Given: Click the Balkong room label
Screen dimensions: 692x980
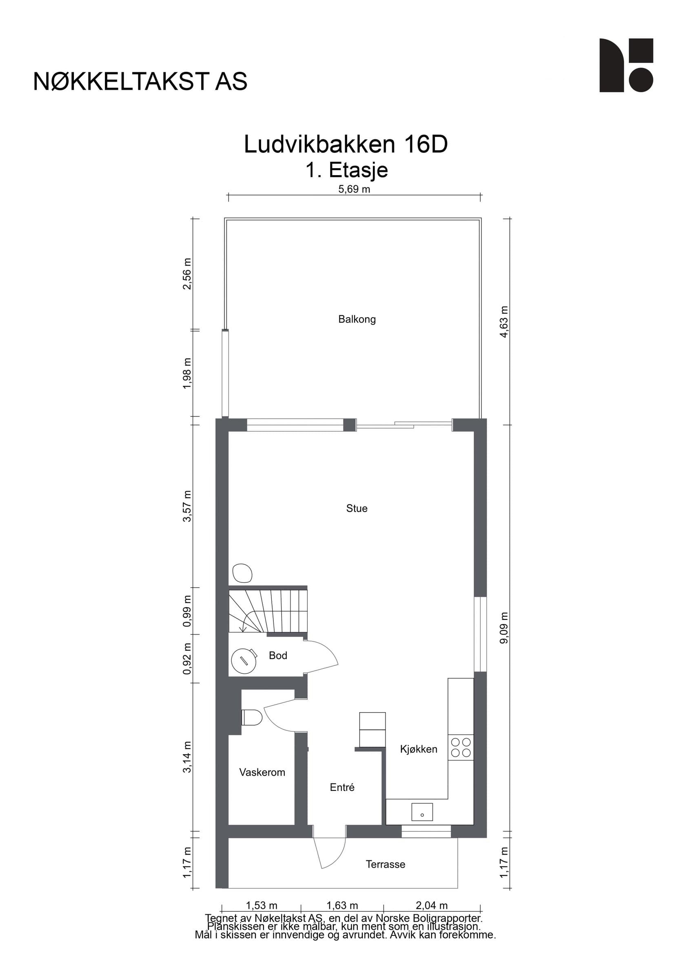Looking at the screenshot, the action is [357, 319].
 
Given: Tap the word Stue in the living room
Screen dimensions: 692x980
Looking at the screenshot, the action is [357, 508].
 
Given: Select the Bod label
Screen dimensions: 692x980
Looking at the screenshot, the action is [278, 655].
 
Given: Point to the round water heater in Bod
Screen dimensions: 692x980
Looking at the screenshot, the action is [244, 660].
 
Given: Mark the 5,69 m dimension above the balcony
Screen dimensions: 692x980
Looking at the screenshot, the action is [354, 189].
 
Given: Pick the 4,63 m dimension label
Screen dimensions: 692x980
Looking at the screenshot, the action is [504, 322].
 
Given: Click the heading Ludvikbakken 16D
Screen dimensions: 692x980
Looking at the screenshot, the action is [346, 144].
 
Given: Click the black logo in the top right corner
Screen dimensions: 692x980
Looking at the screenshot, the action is [626, 65].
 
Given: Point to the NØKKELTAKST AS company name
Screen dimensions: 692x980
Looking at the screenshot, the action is [140, 82].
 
